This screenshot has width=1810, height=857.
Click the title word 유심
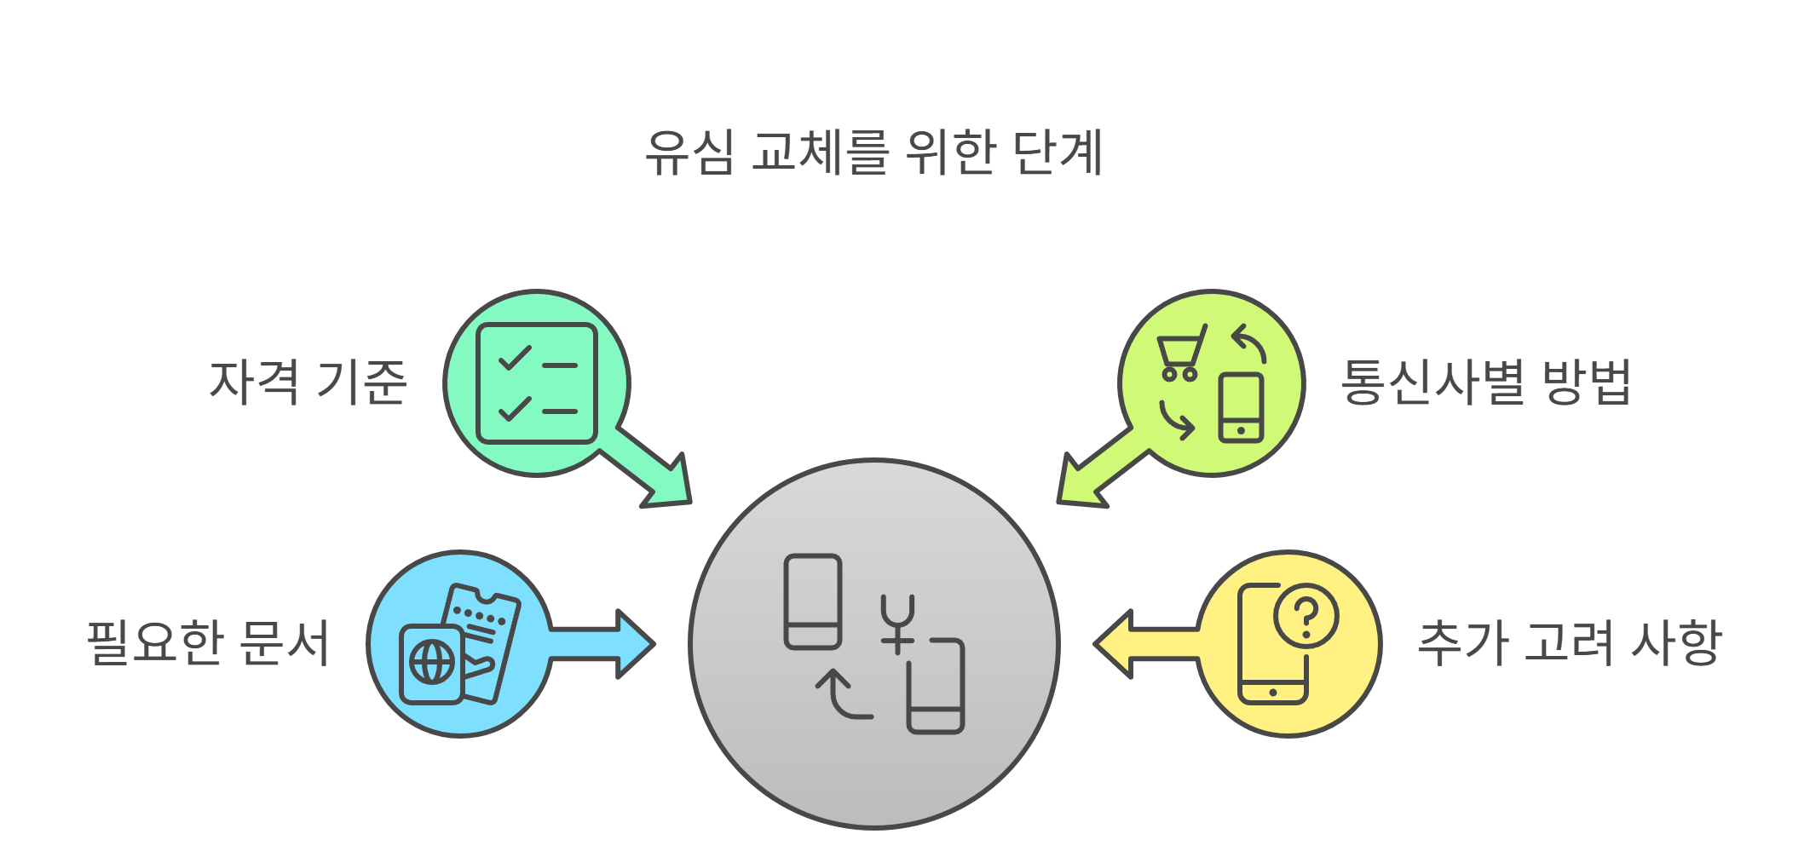coord(689,153)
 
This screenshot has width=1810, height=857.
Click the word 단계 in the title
coord(1058,153)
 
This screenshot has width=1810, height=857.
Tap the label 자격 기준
coord(308,382)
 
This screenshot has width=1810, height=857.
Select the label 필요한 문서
coord(208,643)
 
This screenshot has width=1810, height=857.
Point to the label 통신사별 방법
coord(1485,382)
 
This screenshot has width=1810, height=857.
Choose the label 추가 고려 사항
coord(1570,643)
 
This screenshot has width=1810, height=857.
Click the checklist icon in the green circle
coord(537,383)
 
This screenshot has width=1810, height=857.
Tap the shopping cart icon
coord(1180,354)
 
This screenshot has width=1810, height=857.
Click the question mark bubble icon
coord(1306,616)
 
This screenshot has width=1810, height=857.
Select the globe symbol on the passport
coord(432,663)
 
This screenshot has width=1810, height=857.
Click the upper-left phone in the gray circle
coord(813,601)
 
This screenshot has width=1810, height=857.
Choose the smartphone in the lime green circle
coord(1241,408)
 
